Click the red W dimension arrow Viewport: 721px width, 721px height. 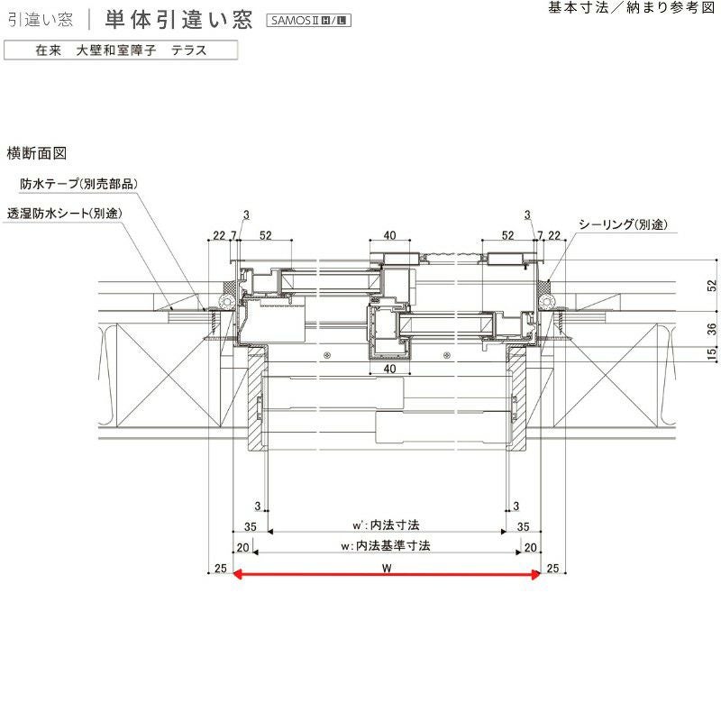[x=387, y=573]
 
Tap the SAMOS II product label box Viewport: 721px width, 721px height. [x=309, y=20]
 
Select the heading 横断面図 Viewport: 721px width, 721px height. [x=37, y=154]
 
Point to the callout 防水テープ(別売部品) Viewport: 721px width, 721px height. [x=79, y=184]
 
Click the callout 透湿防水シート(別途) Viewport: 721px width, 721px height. [x=64, y=214]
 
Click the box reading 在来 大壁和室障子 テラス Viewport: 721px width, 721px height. [x=121, y=50]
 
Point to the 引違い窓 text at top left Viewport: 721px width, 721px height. [x=40, y=19]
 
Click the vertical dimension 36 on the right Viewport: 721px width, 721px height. [x=712, y=328]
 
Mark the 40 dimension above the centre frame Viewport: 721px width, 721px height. [x=389, y=236]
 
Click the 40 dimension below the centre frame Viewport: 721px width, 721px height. [x=389, y=370]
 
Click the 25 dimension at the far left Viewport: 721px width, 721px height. [x=219, y=568]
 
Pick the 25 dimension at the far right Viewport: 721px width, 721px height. [x=553, y=568]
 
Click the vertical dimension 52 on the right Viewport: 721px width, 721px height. [x=712, y=286]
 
